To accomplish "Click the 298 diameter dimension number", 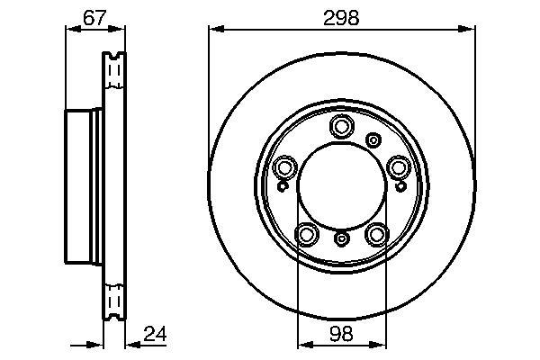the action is coord(341,18).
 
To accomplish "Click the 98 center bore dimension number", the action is coord(341,334).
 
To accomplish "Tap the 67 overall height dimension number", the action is coord(94,18).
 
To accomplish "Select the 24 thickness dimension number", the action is coord(155,334).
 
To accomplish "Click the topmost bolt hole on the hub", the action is coord(341,126).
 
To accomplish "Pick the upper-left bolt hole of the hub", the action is coord(284,167).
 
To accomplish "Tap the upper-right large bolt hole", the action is coord(399,167).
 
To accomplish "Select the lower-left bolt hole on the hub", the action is coord(306,235).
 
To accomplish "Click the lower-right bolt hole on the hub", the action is coord(377,235).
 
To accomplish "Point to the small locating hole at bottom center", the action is coord(341,238).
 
